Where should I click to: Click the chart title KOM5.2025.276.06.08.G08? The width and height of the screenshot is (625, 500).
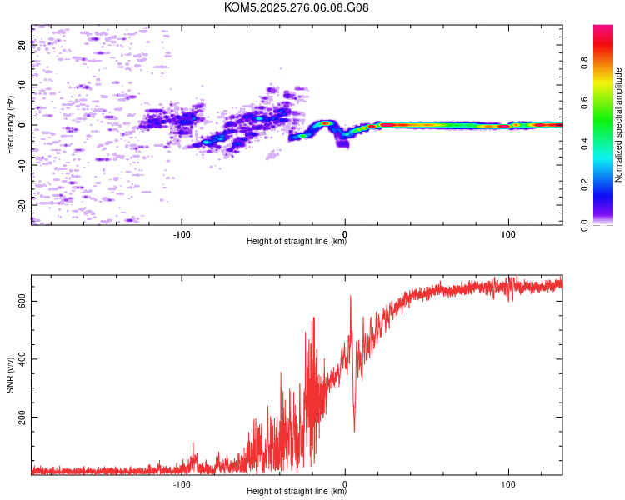297,7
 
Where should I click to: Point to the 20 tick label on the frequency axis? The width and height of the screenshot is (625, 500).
22,45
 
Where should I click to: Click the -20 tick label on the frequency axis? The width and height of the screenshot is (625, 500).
22,204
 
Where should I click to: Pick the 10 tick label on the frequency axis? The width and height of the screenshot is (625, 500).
22,85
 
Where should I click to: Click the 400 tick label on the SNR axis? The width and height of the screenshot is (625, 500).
22,359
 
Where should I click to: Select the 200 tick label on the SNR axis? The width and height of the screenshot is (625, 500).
22,417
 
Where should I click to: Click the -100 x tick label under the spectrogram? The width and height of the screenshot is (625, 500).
182,232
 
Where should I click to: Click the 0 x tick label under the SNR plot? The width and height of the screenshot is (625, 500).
345,482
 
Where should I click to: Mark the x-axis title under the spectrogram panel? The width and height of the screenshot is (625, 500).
297,242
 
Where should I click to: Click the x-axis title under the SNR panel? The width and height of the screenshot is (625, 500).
297,492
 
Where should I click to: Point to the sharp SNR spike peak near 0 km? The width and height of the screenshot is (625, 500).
351,296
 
